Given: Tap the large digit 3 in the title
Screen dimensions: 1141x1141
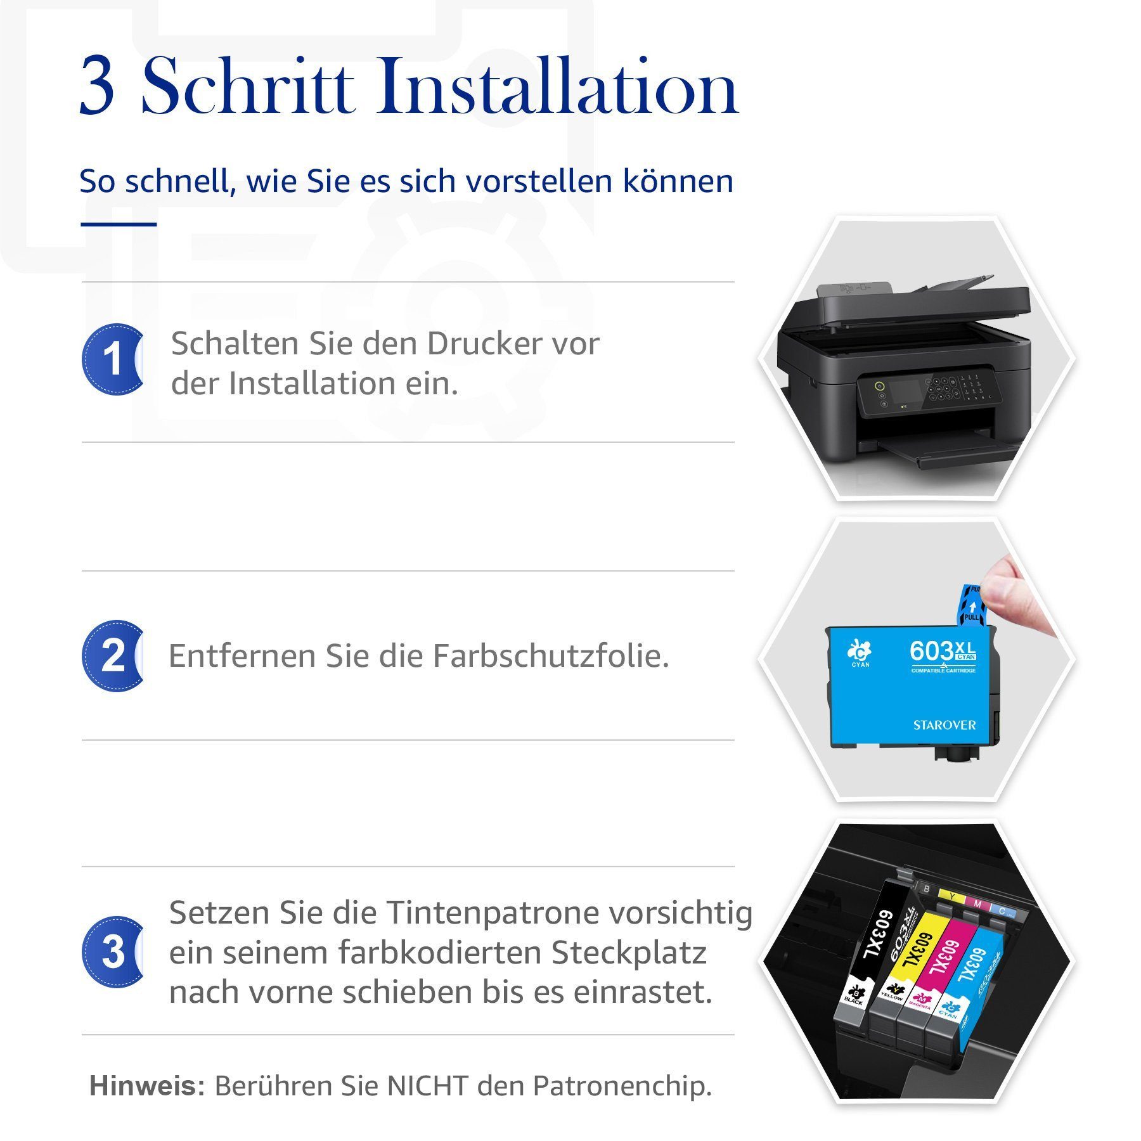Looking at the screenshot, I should (97, 87).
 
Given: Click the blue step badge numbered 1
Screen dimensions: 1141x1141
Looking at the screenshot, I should (113, 359).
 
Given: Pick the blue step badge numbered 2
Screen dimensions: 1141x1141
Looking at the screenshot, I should (113, 655).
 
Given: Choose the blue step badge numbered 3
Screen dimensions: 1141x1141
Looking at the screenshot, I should (113, 951).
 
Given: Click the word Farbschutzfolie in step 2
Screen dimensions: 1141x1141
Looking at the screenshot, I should (551, 655).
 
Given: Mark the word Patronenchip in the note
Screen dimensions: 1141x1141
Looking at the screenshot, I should (622, 1086).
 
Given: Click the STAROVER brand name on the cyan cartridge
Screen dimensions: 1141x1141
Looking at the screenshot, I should (944, 725).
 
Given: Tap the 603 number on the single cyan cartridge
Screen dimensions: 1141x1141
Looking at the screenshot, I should (931, 651).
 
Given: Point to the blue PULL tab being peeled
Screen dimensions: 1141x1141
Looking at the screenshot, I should (970, 605).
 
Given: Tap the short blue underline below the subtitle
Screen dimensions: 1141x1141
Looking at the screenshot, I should (119, 224).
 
